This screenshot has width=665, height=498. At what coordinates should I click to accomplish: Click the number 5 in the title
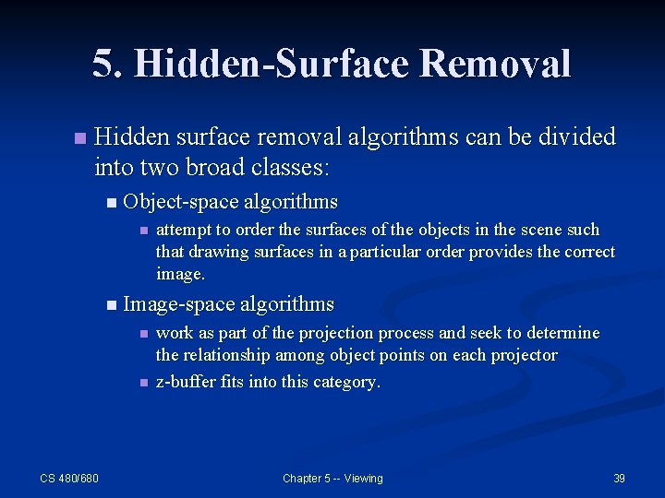[103, 64]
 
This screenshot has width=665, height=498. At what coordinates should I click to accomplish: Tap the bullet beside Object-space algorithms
[112, 202]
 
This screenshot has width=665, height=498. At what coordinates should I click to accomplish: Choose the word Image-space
[176, 303]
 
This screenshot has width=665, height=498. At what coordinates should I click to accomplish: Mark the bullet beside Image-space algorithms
[112, 305]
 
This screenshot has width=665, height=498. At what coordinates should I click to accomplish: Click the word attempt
[184, 230]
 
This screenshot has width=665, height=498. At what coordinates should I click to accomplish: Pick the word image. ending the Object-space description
[180, 274]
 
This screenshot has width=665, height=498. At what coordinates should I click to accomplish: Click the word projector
[523, 355]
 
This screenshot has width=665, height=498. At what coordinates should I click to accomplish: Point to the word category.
[345, 382]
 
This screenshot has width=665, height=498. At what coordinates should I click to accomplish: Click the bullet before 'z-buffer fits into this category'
[143, 383]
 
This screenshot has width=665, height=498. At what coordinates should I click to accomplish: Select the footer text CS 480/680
[69, 478]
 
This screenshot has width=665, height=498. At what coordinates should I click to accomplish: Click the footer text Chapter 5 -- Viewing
[332, 478]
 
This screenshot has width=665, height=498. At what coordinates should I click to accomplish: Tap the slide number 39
[619, 478]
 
